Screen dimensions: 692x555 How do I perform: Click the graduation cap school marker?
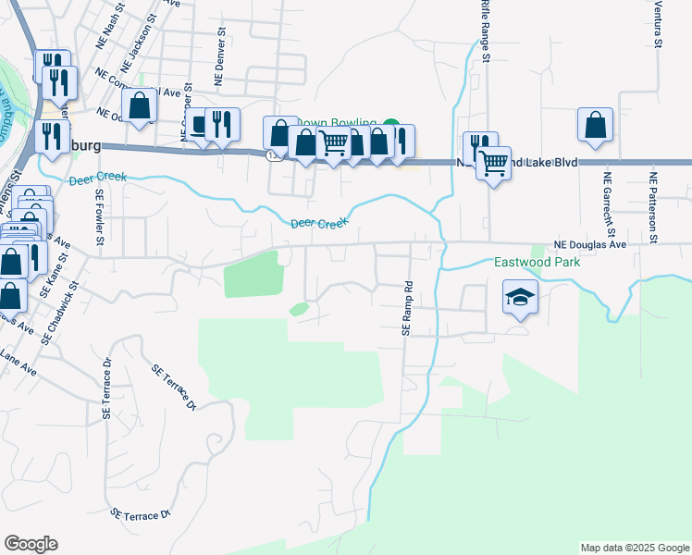click(x=520, y=299)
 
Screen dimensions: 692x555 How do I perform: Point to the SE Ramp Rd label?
click(x=406, y=308)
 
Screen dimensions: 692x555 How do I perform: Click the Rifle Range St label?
click(x=485, y=32)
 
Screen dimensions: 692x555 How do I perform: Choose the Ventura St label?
click(x=657, y=24)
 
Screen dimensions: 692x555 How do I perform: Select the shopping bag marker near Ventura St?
click(x=595, y=125)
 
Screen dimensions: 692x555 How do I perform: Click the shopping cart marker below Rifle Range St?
click(x=494, y=164)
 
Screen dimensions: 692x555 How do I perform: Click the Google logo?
click(x=31, y=544)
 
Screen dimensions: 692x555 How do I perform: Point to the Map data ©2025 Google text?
click(x=633, y=548)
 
